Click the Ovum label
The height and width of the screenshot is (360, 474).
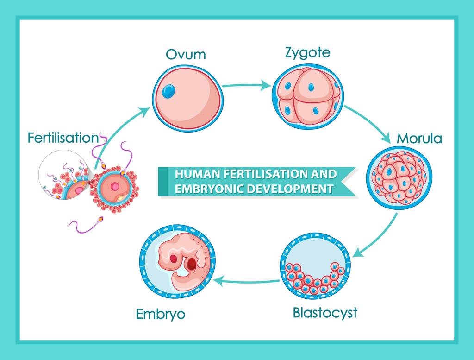click(x=186, y=55)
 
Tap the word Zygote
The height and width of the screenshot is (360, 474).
click(x=307, y=53)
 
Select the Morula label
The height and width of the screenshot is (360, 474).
click(x=419, y=139)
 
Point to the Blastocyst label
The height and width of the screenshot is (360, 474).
click(x=325, y=313)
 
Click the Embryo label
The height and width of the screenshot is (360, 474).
click(x=161, y=314)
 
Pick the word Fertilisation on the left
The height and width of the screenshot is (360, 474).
click(x=63, y=138)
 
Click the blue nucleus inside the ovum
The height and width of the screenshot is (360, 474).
click(x=168, y=91)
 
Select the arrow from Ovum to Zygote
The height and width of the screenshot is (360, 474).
click(x=246, y=85)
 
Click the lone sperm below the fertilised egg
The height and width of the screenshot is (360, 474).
click(x=86, y=225)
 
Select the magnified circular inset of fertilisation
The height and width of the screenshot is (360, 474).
click(x=64, y=175)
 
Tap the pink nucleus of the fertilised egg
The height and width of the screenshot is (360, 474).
click(x=115, y=187)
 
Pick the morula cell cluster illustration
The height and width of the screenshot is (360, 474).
click(x=399, y=177)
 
